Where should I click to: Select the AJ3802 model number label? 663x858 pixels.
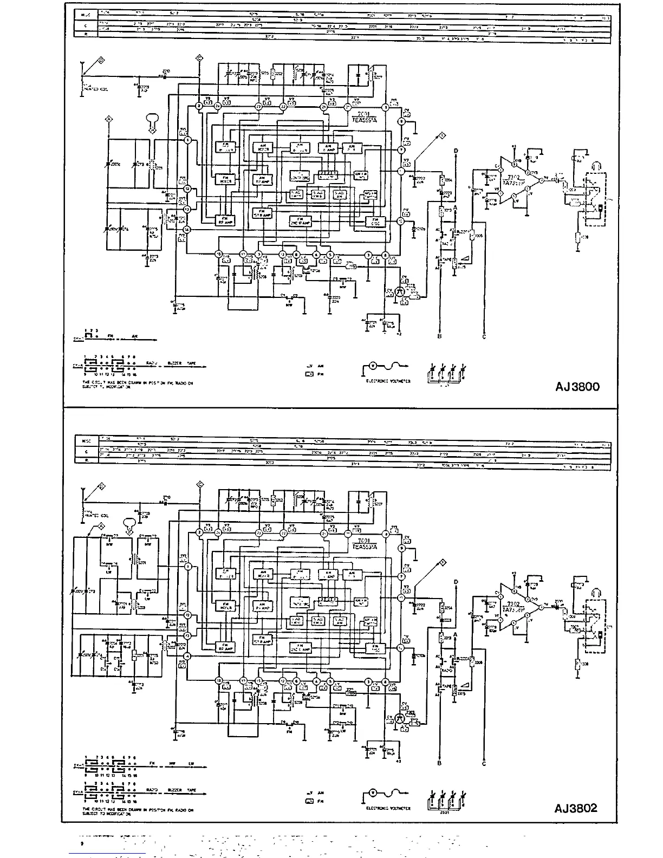point(576,808)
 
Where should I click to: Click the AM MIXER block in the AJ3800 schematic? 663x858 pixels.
point(262,147)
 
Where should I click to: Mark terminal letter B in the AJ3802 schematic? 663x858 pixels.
point(439,763)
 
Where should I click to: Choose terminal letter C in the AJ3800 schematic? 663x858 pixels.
point(484,336)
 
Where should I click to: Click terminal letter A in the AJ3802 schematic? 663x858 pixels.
point(456,634)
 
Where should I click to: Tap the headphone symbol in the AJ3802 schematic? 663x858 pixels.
point(595,587)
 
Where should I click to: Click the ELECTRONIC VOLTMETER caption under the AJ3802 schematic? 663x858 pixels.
point(388,808)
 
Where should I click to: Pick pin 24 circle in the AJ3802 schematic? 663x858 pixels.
point(218,534)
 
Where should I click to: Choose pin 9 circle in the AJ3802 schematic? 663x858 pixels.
point(401,548)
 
